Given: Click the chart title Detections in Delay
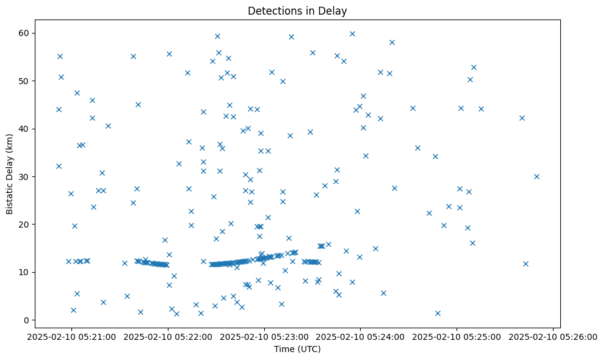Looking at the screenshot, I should click(297, 10).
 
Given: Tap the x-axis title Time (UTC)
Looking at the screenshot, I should click(297, 349).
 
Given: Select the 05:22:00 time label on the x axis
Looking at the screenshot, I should click(168, 337).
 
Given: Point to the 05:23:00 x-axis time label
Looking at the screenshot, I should click(264, 337).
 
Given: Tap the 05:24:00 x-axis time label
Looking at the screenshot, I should click(360, 337).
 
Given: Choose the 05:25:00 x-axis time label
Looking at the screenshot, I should click(457, 337).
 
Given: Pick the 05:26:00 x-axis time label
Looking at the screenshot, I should click(552, 337).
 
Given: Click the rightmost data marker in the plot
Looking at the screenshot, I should click(536, 176).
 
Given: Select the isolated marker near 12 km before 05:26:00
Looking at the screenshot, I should click(525, 264).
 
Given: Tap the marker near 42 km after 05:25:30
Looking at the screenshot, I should click(522, 118).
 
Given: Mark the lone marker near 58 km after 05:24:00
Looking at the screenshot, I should click(392, 42).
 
